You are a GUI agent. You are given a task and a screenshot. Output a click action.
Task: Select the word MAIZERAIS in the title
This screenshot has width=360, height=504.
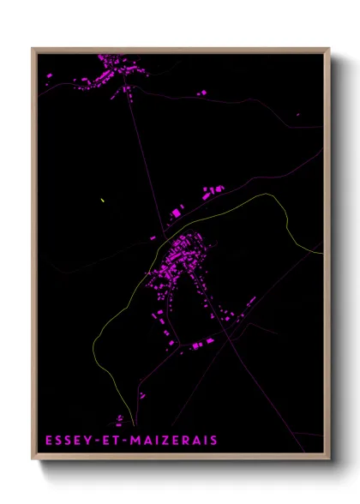174,441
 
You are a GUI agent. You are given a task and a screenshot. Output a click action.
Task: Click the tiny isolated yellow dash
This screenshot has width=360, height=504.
102,201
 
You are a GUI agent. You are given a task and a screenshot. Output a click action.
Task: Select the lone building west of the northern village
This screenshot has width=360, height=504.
49,76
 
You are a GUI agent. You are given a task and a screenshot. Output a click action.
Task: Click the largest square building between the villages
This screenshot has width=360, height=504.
177,212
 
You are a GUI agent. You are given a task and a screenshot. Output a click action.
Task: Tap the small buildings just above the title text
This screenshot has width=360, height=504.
120,419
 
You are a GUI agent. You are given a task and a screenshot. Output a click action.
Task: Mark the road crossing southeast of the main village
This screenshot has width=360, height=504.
230,340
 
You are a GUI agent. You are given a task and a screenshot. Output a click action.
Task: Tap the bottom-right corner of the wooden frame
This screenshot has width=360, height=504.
328,461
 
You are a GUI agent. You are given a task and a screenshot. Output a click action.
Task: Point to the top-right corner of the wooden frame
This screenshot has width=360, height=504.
328,48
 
